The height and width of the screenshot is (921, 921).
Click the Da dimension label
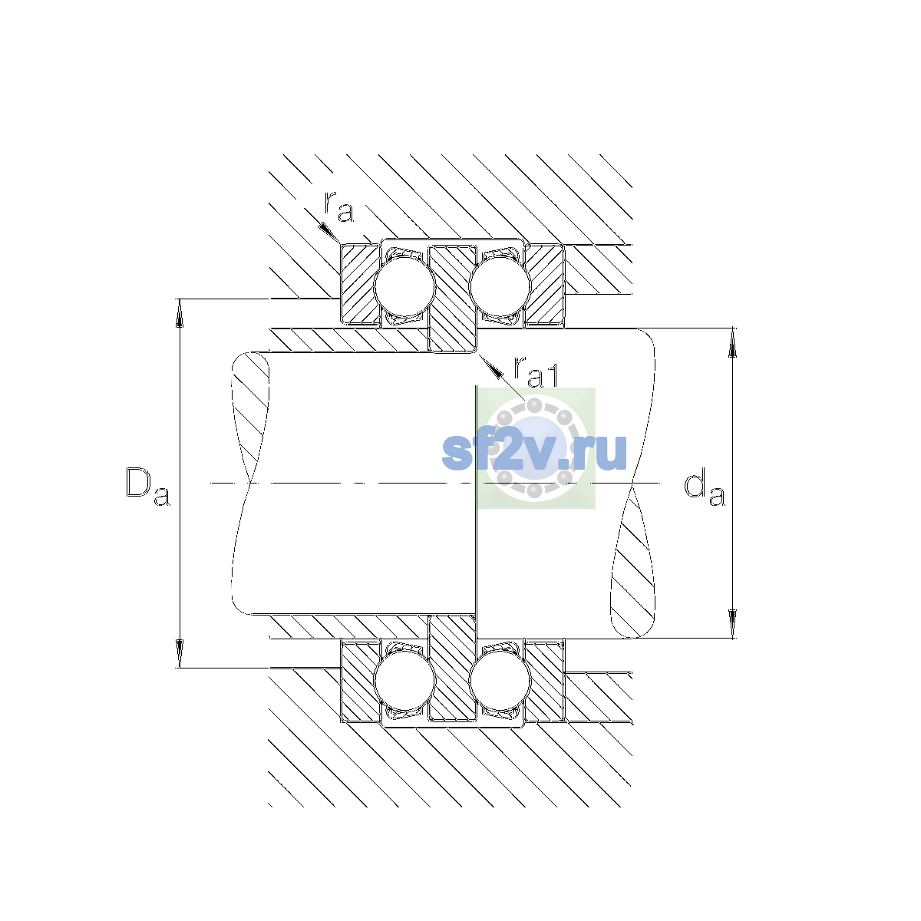147,486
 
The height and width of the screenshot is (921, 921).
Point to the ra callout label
339,206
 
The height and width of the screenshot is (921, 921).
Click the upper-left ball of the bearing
404,286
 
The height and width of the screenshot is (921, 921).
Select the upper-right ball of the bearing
500,286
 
